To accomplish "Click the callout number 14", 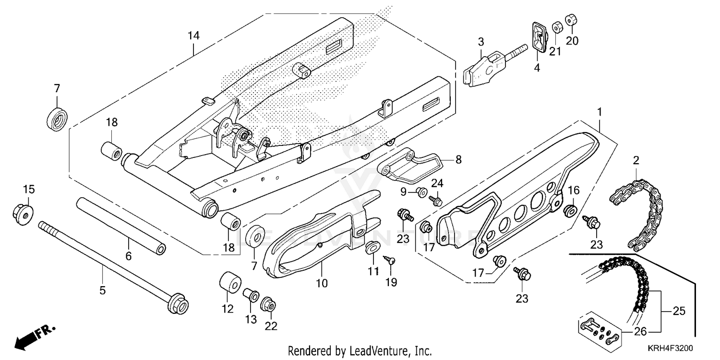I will pos(193,36).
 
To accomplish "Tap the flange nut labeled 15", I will pos(23,211).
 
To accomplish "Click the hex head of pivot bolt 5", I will pos(178,303).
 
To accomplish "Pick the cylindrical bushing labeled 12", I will pos(229,283).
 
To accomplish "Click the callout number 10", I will pos(322,283).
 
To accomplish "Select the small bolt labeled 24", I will pos(436,199).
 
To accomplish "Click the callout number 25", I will pos(679,311).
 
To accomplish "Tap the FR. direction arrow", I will pos(34,336).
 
